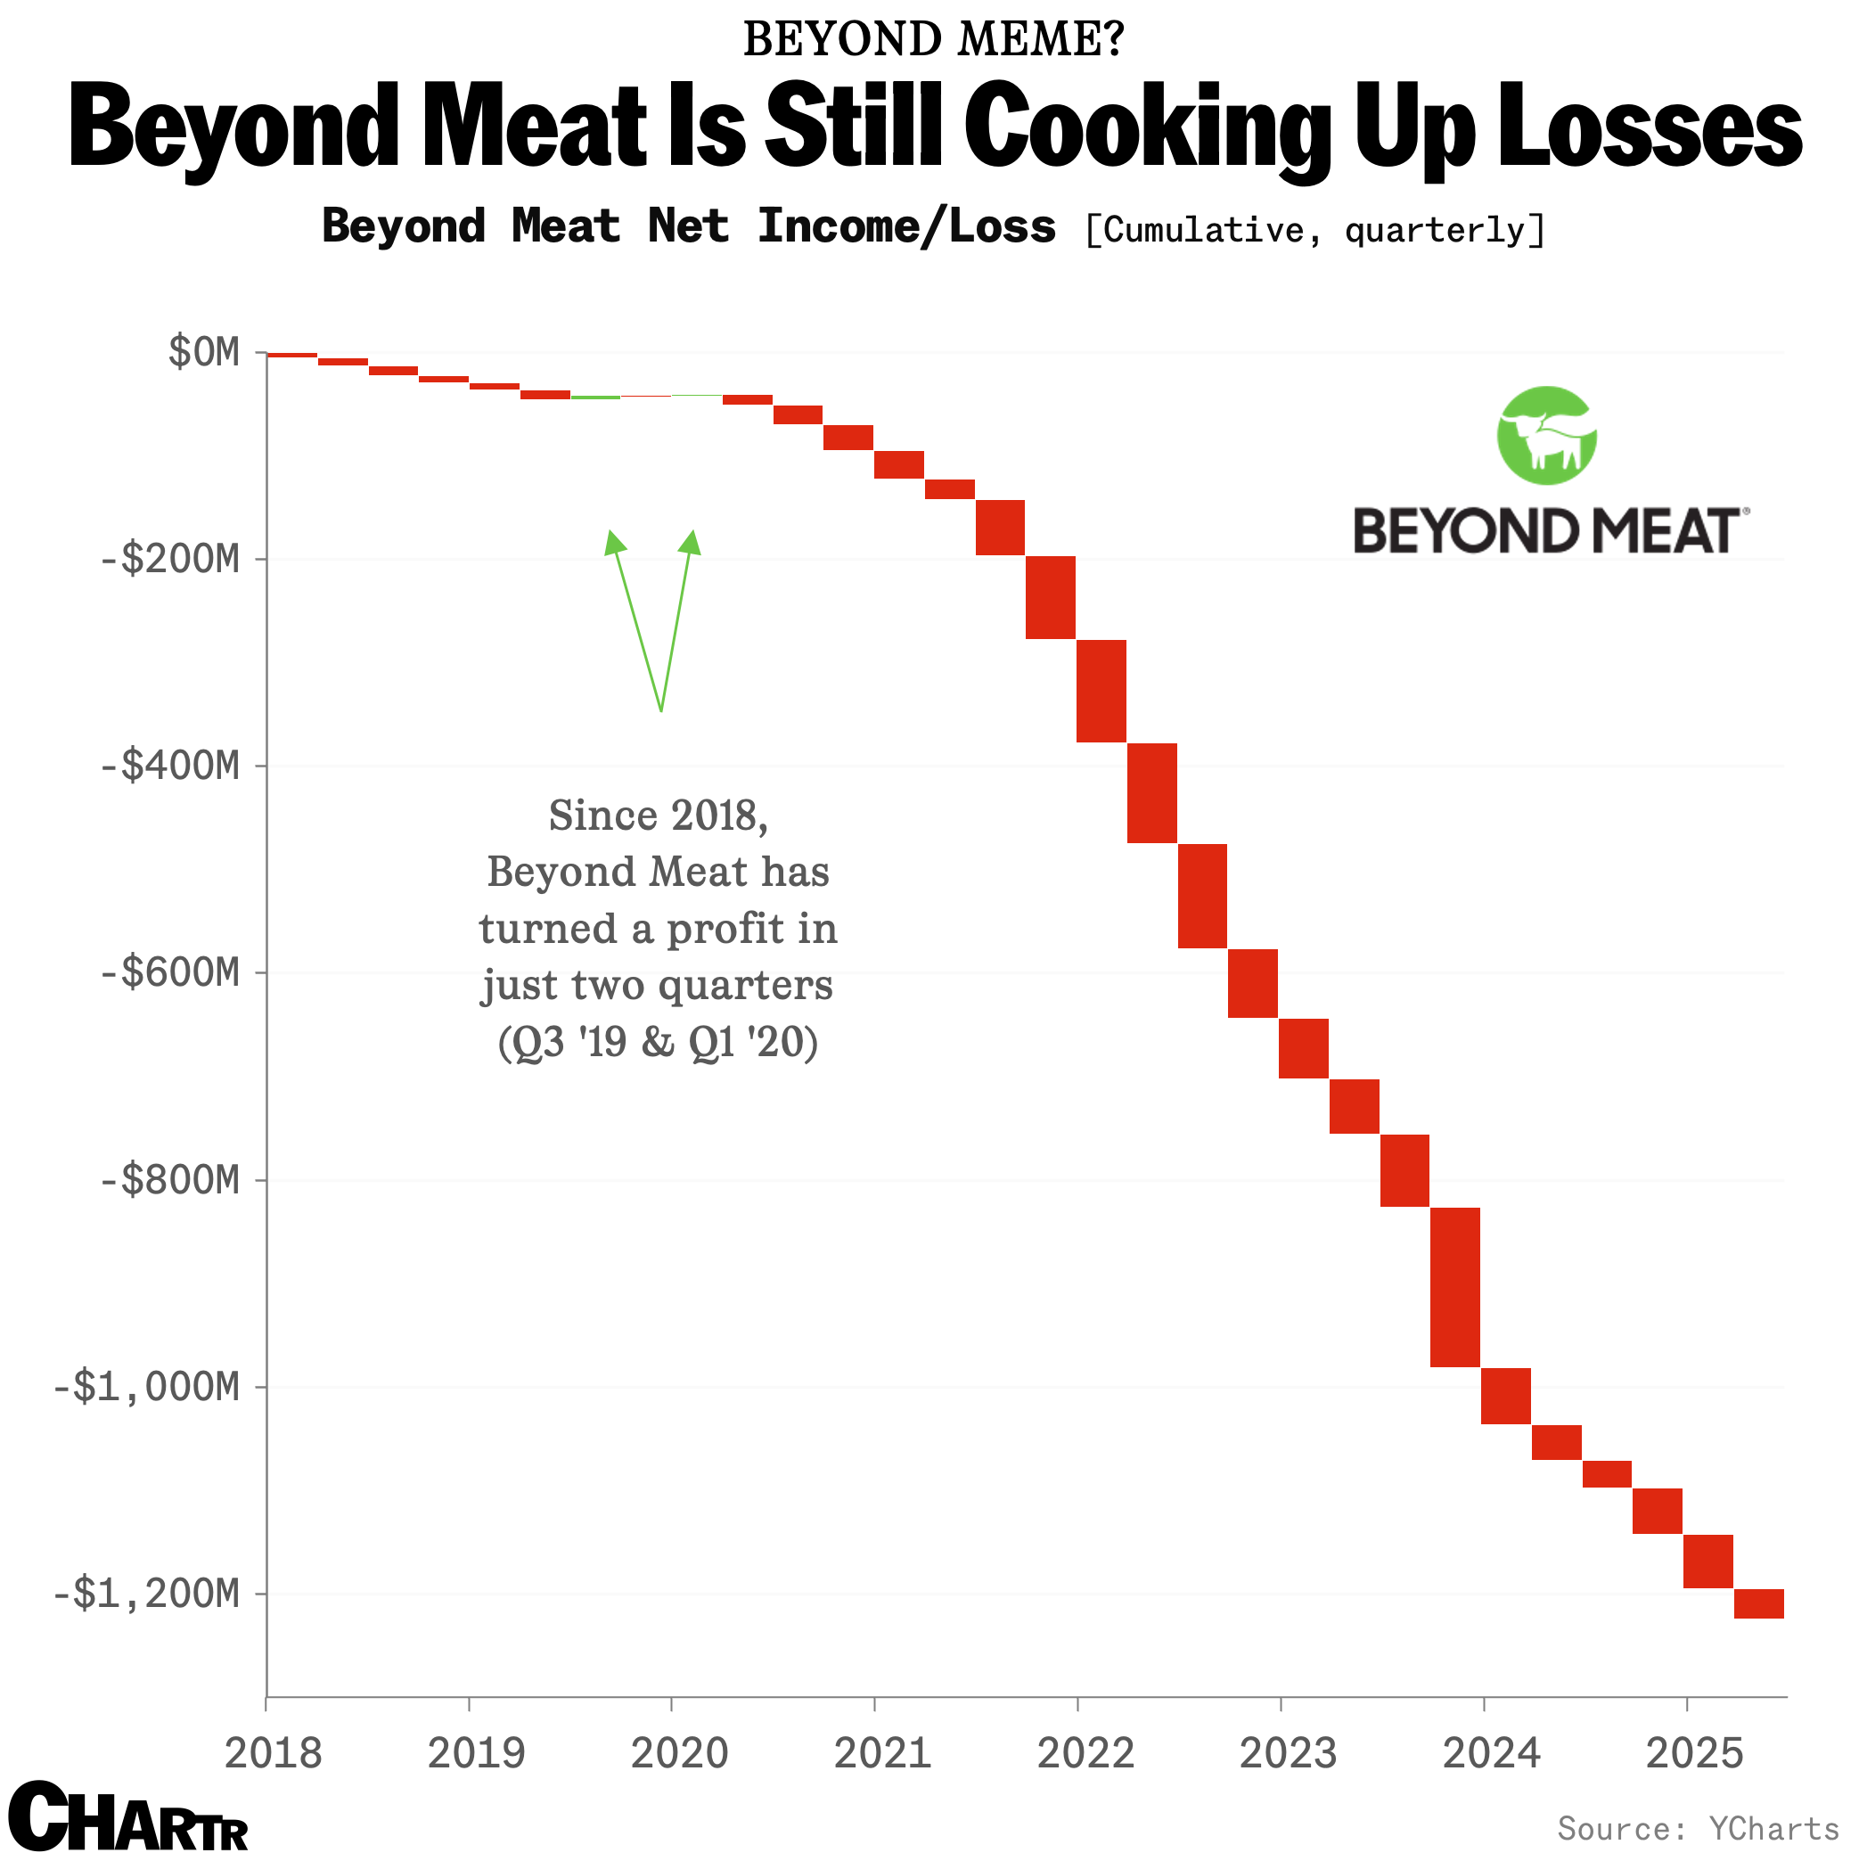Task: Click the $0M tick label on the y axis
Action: point(204,353)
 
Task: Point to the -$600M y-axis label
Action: point(170,972)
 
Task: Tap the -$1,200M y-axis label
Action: point(147,1594)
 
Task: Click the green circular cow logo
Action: point(1546,436)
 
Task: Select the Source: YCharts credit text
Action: point(1698,1828)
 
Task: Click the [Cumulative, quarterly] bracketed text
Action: point(1314,230)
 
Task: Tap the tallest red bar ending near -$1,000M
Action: point(1454,1287)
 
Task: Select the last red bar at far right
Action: point(1757,1603)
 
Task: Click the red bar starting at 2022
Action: point(1101,691)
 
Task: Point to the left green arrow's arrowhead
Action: point(612,542)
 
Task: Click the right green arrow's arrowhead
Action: point(691,542)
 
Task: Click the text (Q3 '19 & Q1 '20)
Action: point(657,1043)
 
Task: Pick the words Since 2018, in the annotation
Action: point(657,816)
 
